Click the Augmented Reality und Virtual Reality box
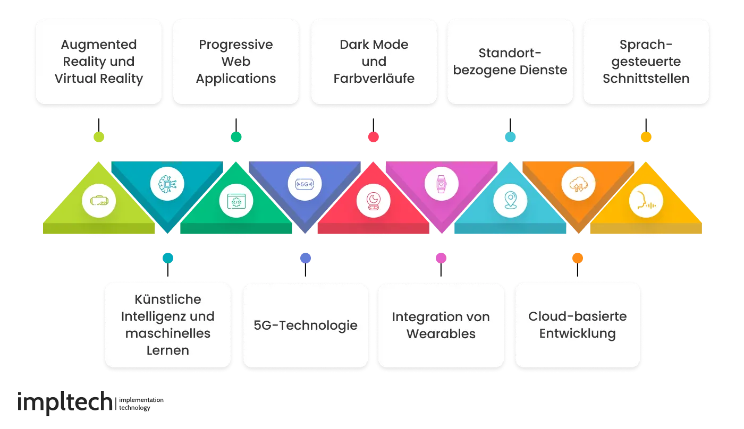99,62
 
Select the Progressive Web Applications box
236,62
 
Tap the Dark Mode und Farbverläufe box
374,62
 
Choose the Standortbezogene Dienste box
510,62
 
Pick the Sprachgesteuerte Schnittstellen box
646,62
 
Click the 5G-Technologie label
306,325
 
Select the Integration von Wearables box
441,325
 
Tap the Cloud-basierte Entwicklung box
578,325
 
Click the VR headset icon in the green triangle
99,201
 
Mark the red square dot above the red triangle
373,138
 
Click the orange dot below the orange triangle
578,258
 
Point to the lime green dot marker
99,138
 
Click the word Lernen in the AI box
167,350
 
